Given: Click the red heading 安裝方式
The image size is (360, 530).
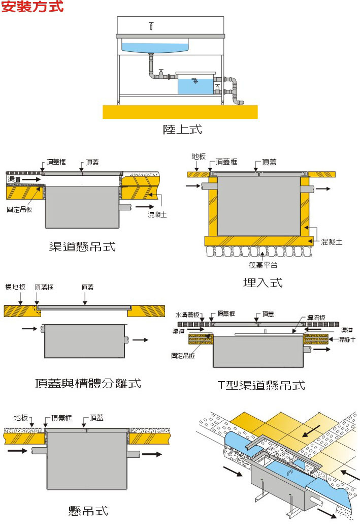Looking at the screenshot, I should click(32, 8).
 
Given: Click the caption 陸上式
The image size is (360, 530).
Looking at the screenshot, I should click(182, 129).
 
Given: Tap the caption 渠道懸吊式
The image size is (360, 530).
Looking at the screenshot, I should click(82, 247).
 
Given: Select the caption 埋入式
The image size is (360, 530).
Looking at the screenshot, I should click(263, 283).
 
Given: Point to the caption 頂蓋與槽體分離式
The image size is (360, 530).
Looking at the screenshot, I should click(88, 383).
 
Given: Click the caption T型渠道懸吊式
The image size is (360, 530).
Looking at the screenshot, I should click(261, 385).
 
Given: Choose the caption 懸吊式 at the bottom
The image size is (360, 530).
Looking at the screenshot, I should click(88, 510).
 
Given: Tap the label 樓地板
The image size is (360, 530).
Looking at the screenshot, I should click(15, 287).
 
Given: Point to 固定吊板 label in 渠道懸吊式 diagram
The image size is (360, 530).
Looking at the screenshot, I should click(19, 209).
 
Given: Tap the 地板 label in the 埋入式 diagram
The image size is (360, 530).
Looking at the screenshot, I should click(199, 157).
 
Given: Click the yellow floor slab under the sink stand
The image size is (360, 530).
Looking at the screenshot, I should click(180, 111).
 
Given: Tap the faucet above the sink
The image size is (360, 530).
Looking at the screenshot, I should click(151, 26).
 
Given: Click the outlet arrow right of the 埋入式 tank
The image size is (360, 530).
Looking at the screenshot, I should click(323, 189).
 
